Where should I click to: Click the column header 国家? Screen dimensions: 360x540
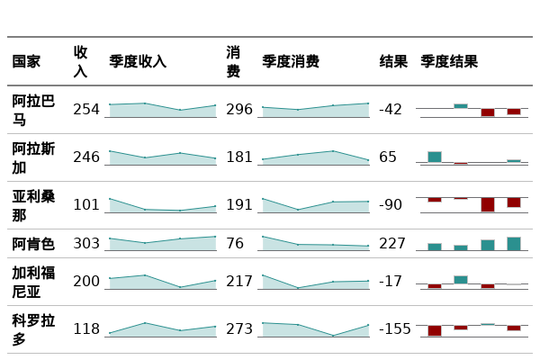pyautogui.click(x=26, y=62)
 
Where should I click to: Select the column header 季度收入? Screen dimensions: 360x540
pyautogui.click(x=138, y=62)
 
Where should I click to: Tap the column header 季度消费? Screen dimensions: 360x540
pyautogui.click(x=291, y=62)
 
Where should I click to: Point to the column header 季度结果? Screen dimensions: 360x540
pyautogui.click(x=449, y=62)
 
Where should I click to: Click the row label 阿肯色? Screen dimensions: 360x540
pyautogui.click(x=33, y=244)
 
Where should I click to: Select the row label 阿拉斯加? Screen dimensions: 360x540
pyautogui.click(x=33, y=157)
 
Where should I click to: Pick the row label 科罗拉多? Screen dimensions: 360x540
pyautogui.click(x=33, y=329)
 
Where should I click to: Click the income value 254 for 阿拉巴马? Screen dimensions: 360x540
pyautogui.click(x=86, y=110)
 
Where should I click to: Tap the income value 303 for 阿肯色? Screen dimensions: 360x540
pyautogui.click(x=86, y=244)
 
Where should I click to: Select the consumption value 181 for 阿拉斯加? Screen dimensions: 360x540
pyautogui.click(x=239, y=157)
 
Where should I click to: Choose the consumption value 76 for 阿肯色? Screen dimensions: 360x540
pyautogui.click(x=235, y=244)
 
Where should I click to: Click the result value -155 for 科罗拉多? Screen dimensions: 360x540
pyautogui.click(x=394, y=329)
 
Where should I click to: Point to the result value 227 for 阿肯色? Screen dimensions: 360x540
pyautogui.click(x=392, y=244)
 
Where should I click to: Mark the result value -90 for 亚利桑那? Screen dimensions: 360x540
pyautogui.click(x=391, y=205)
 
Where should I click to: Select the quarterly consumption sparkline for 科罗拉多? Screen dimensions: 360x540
pyautogui.click(x=315, y=329)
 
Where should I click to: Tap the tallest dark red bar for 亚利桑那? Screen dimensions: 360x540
pyautogui.click(x=487, y=204)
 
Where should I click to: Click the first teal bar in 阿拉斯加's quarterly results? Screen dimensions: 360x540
pyautogui.click(x=435, y=157)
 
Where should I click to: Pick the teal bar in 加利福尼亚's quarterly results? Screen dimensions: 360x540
pyautogui.click(x=461, y=279)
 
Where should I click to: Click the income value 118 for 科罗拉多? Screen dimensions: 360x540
pyautogui.click(x=86, y=329)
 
